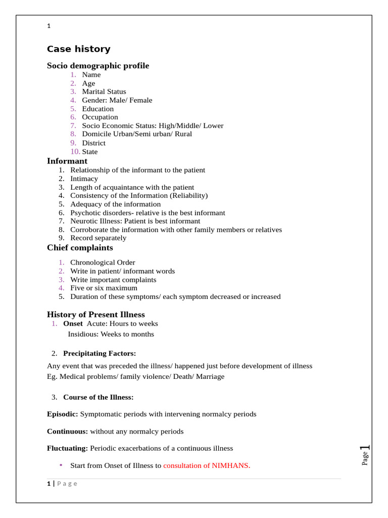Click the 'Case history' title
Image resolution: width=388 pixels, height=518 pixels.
pos(78,49)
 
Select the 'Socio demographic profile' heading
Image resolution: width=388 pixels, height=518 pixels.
pos(98,66)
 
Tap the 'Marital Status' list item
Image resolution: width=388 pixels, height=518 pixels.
pos(104,92)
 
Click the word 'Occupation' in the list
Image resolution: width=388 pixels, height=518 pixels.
pos(100,117)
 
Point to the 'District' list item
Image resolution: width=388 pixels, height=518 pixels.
pos(94,143)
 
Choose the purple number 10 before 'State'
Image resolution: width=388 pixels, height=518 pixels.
pos(75,152)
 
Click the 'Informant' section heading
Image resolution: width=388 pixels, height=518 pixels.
pos(67,161)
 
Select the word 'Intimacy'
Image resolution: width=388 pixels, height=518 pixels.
pos(84,179)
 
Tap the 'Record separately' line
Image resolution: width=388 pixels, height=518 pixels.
pos(99,238)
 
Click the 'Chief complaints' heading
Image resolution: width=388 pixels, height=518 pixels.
pos(80,248)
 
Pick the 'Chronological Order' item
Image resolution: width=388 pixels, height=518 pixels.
pos(103,263)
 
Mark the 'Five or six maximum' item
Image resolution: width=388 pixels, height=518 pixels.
pos(104,288)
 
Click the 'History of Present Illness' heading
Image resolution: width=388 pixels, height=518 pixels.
pos(96,315)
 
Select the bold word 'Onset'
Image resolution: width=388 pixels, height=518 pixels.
pos(73,323)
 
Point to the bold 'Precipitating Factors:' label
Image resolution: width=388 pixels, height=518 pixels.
pos(100,353)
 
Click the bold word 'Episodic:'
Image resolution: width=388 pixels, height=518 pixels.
pos(63,414)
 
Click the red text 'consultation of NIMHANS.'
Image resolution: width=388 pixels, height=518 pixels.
pos(207,465)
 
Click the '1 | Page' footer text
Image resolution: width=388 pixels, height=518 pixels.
pos(62,484)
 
